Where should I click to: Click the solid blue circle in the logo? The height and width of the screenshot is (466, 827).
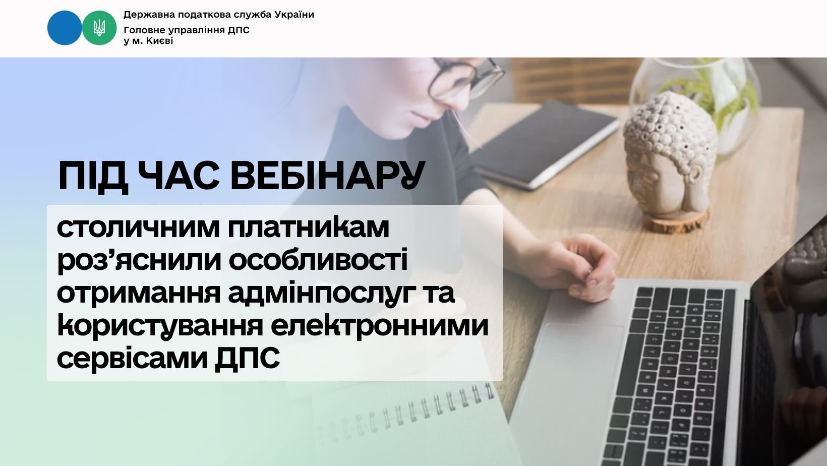pyautogui.click(x=65, y=28)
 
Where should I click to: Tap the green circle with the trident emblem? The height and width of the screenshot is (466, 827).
pyautogui.click(x=99, y=28)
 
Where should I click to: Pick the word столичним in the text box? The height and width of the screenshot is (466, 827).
pyautogui.click(x=138, y=228)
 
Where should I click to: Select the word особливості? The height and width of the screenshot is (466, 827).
pyautogui.click(x=318, y=260)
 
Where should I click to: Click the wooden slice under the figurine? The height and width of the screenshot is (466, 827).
pyautogui.click(x=676, y=221)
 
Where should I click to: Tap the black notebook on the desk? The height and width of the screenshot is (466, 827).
pyautogui.click(x=543, y=144)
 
